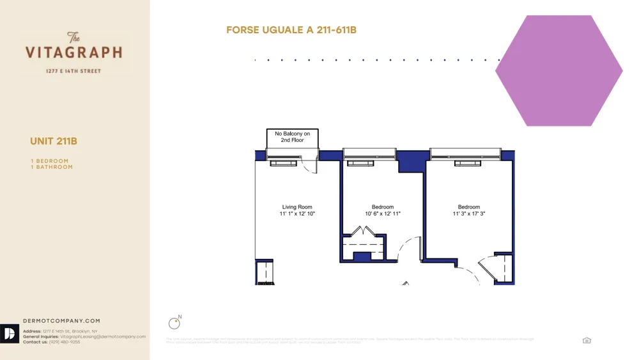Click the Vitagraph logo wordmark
pos(73,51)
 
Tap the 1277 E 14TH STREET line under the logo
pos(73,71)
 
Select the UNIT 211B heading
pos(54,141)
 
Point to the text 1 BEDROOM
pos(49,161)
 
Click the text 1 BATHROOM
pos(52,167)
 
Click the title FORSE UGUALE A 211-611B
pos(291,30)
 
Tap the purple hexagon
pos(558,71)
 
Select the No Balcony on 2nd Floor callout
pos(292,137)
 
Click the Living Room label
pos(297,207)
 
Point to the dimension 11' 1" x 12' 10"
pos(297,214)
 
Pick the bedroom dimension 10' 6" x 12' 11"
pos(383,214)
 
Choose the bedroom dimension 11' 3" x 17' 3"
pos(469,214)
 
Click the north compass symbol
pos(174,323)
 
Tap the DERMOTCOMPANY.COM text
pos(61,321)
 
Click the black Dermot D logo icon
pos(10,334)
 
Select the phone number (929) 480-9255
pos(65,342)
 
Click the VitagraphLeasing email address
pos(102,336)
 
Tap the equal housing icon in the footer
pos(587,341)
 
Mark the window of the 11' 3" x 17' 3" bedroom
pos(464,154)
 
